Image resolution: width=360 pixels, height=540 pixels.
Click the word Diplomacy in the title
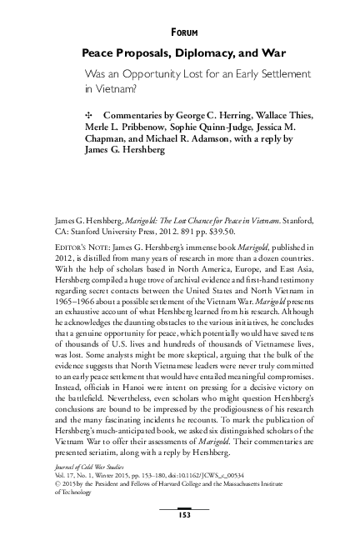pos(184,52)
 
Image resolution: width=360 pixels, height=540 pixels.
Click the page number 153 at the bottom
pos(179,515)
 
